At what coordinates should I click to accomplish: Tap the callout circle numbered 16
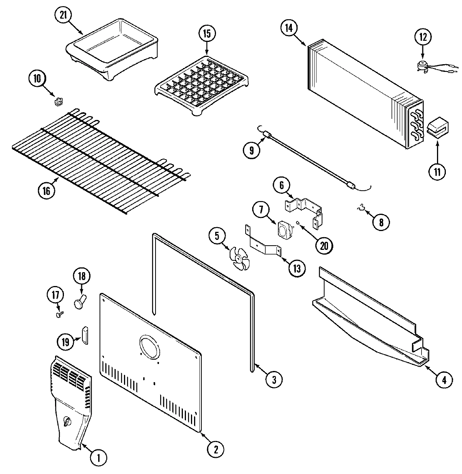(x=47, y=191)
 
